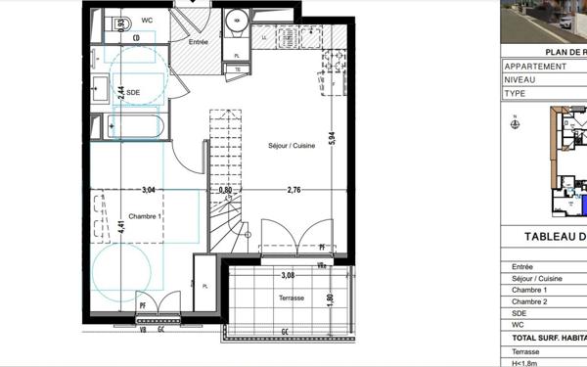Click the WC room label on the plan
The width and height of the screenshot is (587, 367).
pos(146,19)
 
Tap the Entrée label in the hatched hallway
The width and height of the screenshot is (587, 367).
pos(199,42)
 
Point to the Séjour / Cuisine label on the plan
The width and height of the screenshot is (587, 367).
pos(292,146)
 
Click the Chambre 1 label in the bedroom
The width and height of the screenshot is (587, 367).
pos(145,215)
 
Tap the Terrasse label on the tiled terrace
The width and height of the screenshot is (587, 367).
pos(292,298)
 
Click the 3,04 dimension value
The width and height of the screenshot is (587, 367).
pos(150,190)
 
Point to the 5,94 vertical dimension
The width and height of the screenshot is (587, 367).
pos(331,138)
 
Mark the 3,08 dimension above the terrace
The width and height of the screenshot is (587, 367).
pos(288,276)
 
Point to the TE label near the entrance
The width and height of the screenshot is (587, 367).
pos(238,69)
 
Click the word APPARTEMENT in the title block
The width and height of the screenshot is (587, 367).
pos(535,67)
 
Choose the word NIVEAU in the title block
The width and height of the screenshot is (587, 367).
pos(520,80)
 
